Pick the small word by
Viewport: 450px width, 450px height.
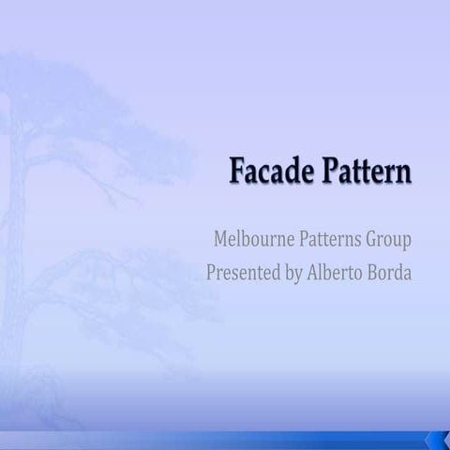click(x=293, y=276)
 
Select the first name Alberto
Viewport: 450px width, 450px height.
click(x=337, y=274)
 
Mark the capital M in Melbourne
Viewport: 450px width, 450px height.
click(x=223, y=239)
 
